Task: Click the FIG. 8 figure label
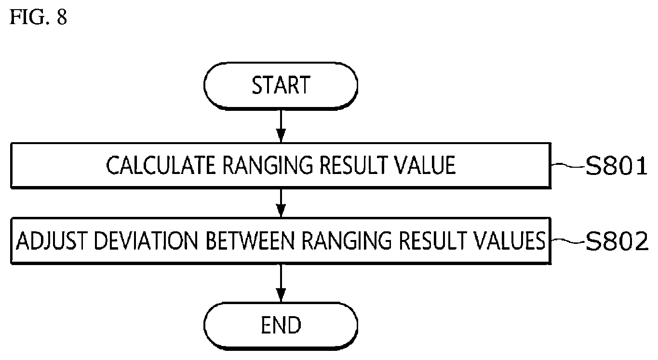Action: click(39, 17)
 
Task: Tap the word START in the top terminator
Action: click(281, 85)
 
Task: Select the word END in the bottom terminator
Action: click(281, 325)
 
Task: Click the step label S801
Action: click(617, 166)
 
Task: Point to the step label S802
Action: click(617, 241)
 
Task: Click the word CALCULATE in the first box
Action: click(161, 165)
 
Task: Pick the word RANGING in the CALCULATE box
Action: click(268, 165)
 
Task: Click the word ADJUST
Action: click(52, 240)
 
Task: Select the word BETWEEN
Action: click(250, 240)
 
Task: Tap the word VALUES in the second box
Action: click(510, 240)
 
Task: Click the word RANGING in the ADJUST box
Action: click(347, 240)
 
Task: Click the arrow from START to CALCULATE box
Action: click(281, 126)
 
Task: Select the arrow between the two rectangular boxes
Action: click(281, 203)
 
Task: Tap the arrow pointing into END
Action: click(281, 283)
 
